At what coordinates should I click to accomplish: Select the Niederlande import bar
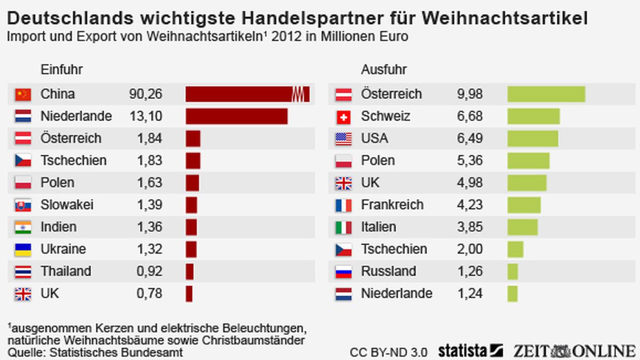click(x=236, y=116)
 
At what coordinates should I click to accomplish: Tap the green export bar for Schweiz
click(x=533, y=116)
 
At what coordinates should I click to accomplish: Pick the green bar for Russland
click(x=512, y=271)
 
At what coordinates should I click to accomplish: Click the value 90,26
click(x=146, y=94)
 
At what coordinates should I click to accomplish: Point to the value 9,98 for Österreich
click(x=470, y=94)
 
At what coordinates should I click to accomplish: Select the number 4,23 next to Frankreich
click(x=470, y=205)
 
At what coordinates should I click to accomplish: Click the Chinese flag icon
click(x=23, y=94)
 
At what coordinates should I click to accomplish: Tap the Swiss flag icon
click(x=344, y=117)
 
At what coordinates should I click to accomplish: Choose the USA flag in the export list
click(x=344, y=139)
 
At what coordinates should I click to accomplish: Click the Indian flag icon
click(x=23, y=227)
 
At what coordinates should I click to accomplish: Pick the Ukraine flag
click(x=23, y=249)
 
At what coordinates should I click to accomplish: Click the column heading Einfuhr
click(x=62, y=69)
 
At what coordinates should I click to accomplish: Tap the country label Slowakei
click(x=67, y=205)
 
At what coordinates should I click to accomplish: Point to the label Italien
click(x=379, y=227)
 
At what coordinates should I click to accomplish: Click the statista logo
click(x=470, y=351)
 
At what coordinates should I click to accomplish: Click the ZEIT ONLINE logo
click(x=574, y=351)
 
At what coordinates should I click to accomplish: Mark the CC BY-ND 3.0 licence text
click(x=389, y=353)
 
